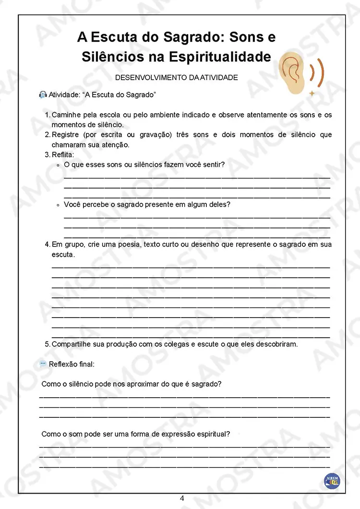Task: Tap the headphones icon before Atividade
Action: [x=43, y=95]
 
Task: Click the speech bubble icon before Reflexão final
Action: [x=43, y=364]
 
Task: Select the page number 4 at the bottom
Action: [x=182, y=498]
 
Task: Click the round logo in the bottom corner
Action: [x=332, y=480]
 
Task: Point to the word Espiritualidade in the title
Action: [x=219, y=57]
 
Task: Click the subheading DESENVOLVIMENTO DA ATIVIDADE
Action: [x=177, y=77]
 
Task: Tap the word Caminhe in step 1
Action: [x=66, y=115]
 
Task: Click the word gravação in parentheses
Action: [x=156, y=135]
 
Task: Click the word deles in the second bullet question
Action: [x=220, y=204]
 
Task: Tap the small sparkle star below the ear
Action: [x=312, y=93]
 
